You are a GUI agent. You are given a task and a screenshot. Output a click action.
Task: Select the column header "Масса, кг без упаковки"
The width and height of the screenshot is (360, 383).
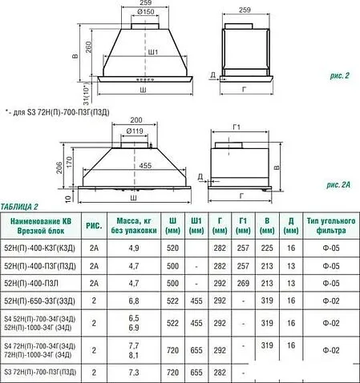pyautogui.click(x=131, y=225)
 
